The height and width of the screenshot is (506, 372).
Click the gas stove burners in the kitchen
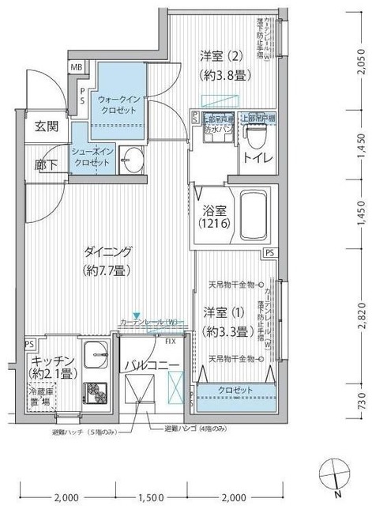(96, 389)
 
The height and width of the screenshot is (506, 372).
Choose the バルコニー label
(152, 364)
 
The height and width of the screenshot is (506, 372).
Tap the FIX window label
(170, 341)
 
